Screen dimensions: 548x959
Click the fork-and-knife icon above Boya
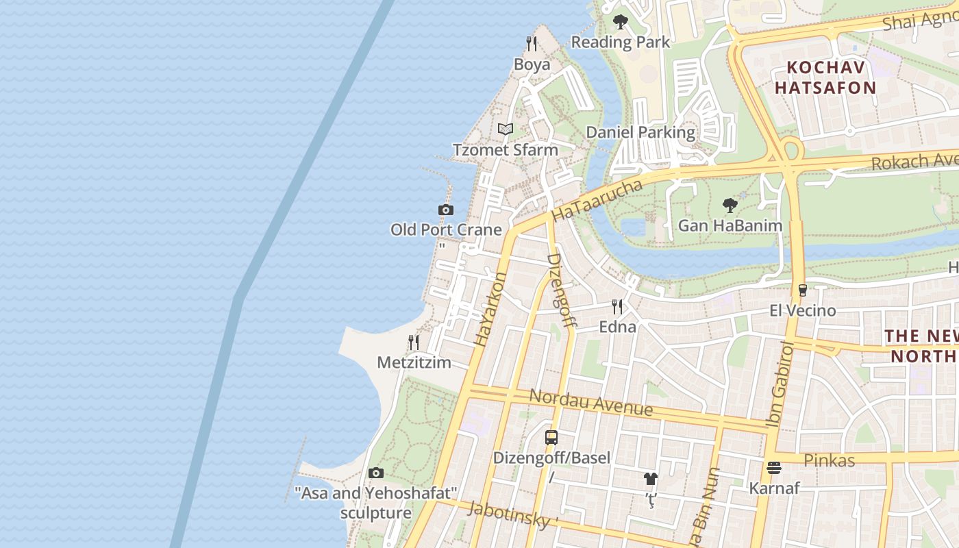[x=532, y=44]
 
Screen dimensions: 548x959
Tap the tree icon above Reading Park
[x=621, y=22]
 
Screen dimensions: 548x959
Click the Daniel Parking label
[x=640, y=132]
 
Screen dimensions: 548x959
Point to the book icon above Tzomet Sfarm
[x=506, y=129]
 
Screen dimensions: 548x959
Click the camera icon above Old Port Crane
[x=446, y=210]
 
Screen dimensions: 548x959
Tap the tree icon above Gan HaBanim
[x=730, y=205]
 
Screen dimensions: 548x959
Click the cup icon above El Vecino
[x=803, y=290]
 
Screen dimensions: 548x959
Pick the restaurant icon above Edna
[x=617, y=306]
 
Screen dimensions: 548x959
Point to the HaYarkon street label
[x=490, y=309]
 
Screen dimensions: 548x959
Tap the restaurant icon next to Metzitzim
[x=414, y=342]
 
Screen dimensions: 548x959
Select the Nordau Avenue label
[x=590, y=403]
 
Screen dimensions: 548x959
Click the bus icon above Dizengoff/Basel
[x=551, y=437]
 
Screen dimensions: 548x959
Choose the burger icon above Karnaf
[x=774, y=468]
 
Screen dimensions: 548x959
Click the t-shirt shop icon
[x=650, y=478]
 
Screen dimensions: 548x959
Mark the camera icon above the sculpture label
[x=376, y=473]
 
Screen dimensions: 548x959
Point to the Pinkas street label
[x=829, y=460]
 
